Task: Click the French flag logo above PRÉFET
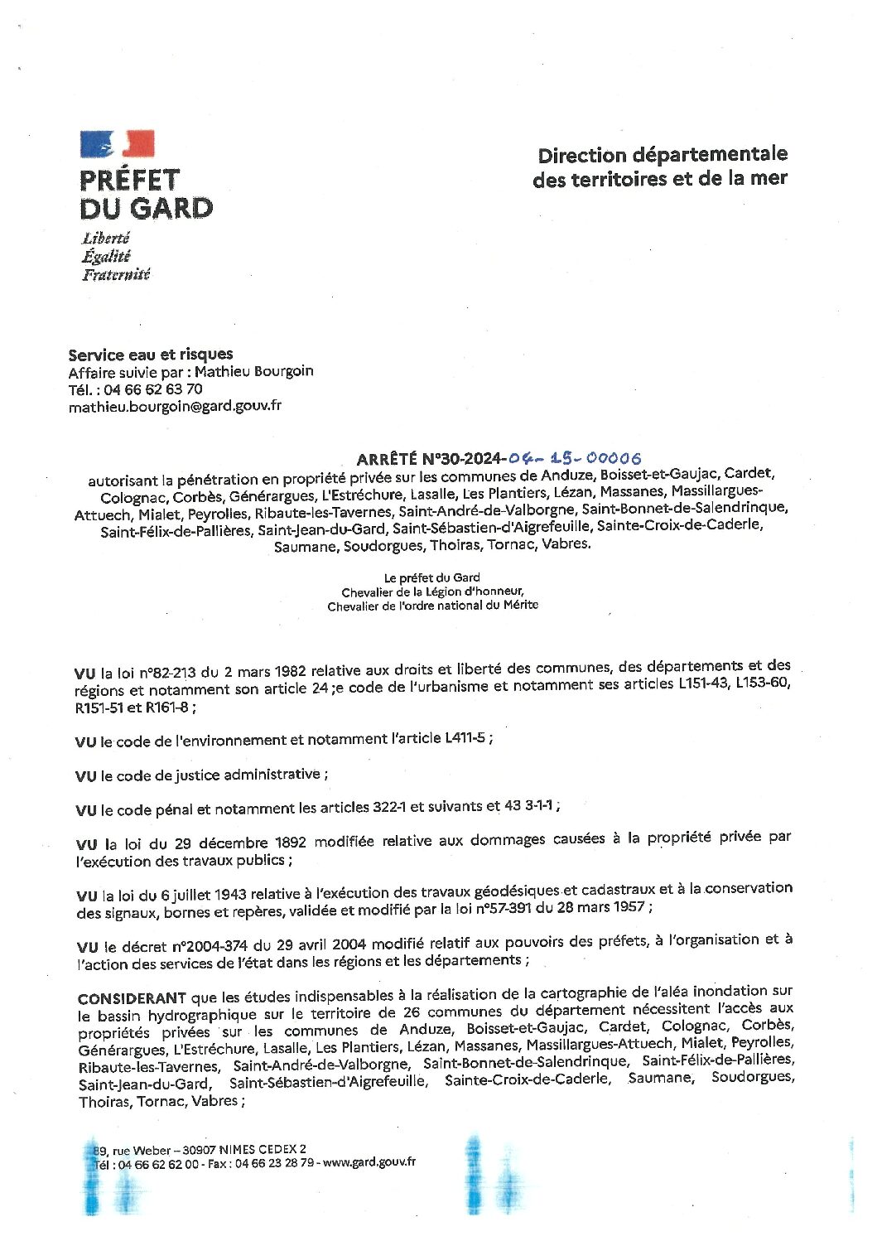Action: click(117, 144)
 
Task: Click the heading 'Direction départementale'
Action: click(663, 155)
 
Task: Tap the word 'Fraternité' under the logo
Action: click(116, 274)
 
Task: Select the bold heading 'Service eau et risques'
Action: click(150, 355)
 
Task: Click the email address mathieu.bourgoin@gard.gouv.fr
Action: click(175, 406)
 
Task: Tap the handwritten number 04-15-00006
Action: click(575, 458)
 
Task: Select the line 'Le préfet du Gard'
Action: click(432, 577)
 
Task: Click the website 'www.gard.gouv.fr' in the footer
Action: click(369, 1161)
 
